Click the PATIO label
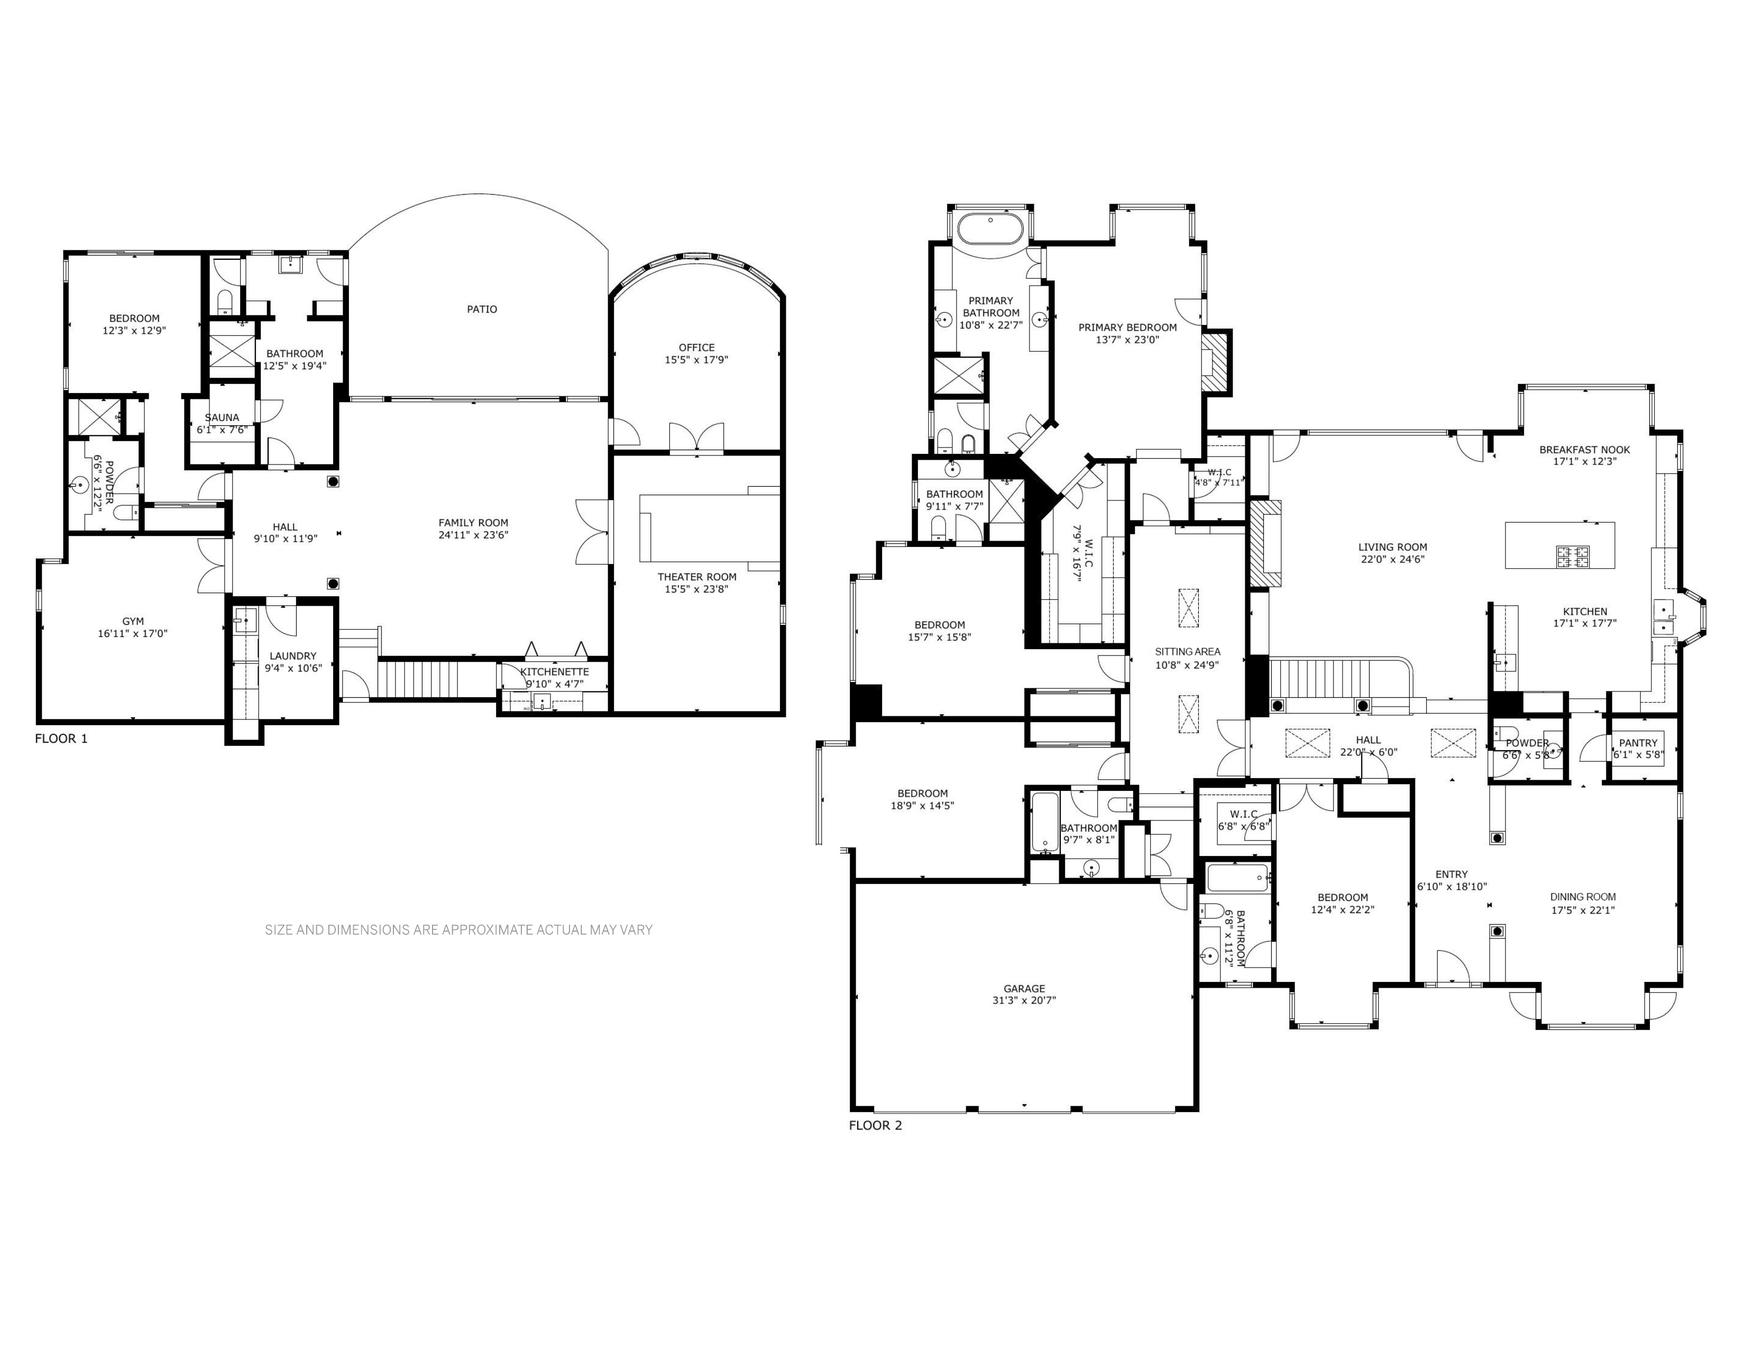(x=482, y=309)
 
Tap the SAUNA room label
(x=222, y=417)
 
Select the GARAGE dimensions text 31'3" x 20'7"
(x=1024, y=1000)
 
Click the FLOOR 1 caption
(x=61, y=739)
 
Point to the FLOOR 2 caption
(x=876, y=1125)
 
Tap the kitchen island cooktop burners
(x=1572, y=556)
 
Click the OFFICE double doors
(x=697, y=438)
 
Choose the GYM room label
(x=133, y=621)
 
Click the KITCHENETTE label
(x=555, y=672)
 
